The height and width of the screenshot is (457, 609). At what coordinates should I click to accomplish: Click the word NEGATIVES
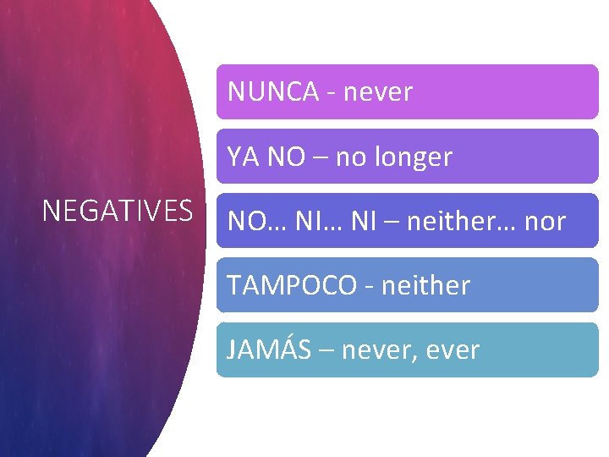click(x=118, y=211)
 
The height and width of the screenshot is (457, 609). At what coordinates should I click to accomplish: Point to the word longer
click(x=414, y=157)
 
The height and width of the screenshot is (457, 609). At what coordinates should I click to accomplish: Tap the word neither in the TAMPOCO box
click(x=425, y=286)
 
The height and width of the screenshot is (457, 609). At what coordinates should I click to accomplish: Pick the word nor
click(x=546, y=222)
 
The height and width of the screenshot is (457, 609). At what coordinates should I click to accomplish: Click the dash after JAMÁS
click(x=326, y=350)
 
